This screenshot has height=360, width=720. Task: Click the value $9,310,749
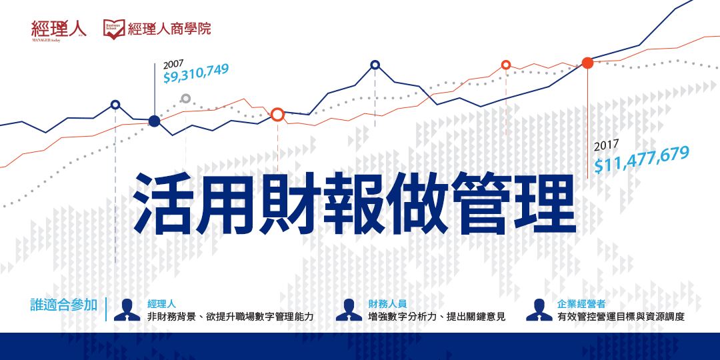(196, 74)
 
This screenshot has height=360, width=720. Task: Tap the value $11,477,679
(641, 161)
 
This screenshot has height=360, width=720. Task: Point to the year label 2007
(173, 63)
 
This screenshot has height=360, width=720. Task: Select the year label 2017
(607, 143)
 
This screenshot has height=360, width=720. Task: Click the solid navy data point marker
(155, 121)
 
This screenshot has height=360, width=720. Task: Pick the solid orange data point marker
(587, 63)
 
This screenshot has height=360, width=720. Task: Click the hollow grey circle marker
(186, 99)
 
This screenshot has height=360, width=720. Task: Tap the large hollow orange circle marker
(278, 114)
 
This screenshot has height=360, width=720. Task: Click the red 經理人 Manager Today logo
(59, 29)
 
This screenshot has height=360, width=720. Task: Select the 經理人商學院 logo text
(169, 29)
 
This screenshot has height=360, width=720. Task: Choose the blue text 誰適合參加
(64, 305)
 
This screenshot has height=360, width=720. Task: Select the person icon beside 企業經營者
(538, 310)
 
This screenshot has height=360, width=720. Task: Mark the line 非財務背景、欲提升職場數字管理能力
(230, 317)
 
